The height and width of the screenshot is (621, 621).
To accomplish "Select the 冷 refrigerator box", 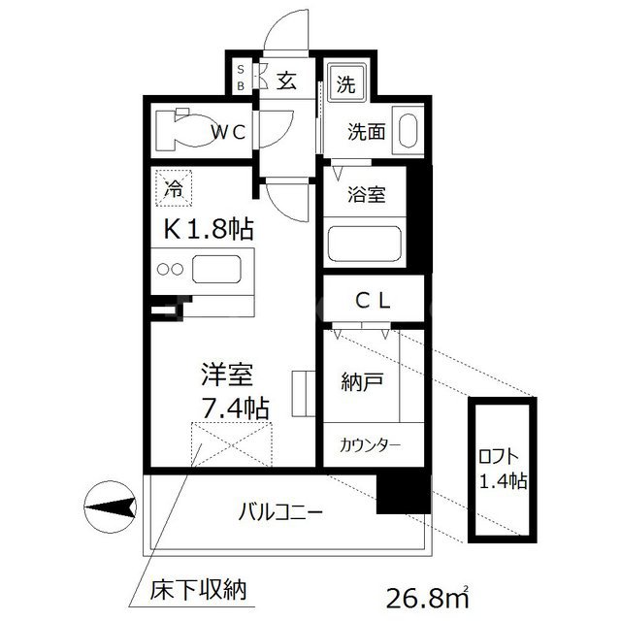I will [173, 187].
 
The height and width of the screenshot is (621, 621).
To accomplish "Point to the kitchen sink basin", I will [220, 269].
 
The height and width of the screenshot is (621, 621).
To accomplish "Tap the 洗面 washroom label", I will [368, 131].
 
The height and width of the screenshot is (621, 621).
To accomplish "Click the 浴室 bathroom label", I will [367, 195].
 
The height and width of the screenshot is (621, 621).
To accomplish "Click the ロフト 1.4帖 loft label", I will [502, 470].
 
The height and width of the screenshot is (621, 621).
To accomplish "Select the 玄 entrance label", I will [286, 82].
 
